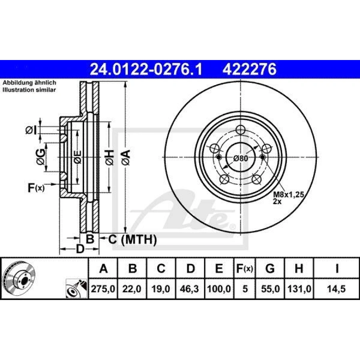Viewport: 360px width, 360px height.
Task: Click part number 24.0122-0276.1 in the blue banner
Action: pos(146,69)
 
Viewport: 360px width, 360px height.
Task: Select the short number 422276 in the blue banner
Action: pos(249,69)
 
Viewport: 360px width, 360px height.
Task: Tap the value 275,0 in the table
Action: pos(103,288)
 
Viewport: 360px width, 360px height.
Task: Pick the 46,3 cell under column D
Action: pos(190,288)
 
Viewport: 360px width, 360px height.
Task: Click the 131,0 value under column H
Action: pos(299,288)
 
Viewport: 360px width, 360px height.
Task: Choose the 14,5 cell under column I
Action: pos(336,288)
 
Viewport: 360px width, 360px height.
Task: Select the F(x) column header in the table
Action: pos(244,269)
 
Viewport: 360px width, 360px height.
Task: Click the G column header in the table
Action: pos(270,268)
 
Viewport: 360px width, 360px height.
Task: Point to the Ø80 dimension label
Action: pos(240,158)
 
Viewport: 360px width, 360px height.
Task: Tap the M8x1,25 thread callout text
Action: pos(288,195)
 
